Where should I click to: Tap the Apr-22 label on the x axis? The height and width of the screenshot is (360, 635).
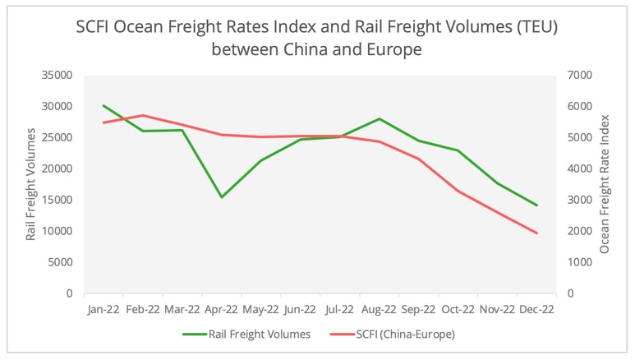221,310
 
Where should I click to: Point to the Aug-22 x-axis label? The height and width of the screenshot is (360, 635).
379,310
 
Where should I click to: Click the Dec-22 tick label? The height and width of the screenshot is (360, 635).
536,310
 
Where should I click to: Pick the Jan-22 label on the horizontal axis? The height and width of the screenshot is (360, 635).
103,310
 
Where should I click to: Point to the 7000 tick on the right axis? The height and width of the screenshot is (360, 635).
576,75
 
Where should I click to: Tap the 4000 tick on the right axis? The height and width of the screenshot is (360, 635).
576,168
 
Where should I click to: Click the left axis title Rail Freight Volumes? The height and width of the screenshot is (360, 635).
31,184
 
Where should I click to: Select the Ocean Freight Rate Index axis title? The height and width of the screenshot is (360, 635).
605,184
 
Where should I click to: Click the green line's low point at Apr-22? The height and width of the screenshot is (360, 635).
221,197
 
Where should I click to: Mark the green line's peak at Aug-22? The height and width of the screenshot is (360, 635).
379,118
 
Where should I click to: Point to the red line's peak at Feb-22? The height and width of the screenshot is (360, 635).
142,115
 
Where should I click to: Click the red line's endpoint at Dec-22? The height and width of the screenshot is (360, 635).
536,233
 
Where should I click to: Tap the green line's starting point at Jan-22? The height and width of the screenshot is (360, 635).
103,105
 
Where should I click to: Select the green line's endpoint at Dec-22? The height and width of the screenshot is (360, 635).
536,205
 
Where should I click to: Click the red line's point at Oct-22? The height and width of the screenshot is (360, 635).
458,191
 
